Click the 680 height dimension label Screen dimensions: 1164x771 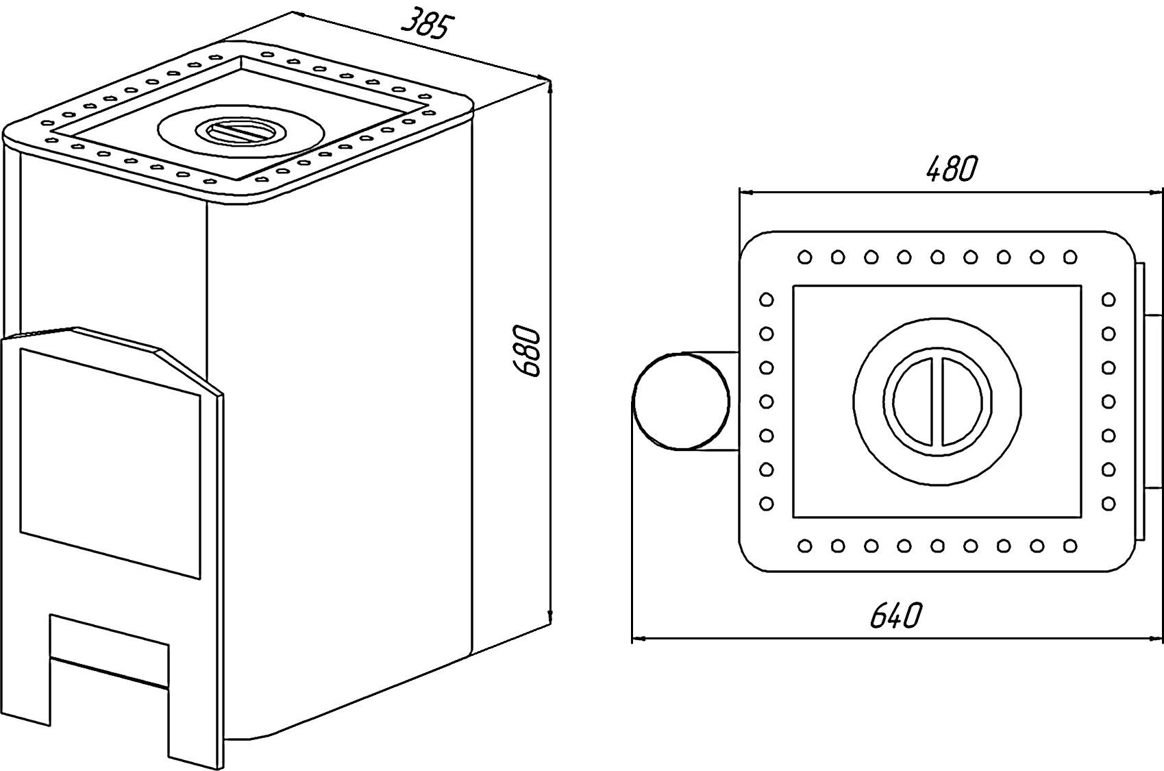click(526, 351)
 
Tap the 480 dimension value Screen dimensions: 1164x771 click(952, 169)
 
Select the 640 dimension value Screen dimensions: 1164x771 click(895, 615)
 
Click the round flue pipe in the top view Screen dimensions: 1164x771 click(681, 401)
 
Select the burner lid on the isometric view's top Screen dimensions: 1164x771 click(241, 132)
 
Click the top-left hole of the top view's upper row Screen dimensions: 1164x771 click(805, 257)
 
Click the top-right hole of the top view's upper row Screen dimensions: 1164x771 click(1070, 257)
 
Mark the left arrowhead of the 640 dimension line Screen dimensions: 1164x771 click(639, 638)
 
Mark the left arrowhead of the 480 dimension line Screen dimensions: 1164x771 click(747, 192)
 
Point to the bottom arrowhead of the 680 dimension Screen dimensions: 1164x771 click(549, 618)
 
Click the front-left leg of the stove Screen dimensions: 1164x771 click(25, 676)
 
